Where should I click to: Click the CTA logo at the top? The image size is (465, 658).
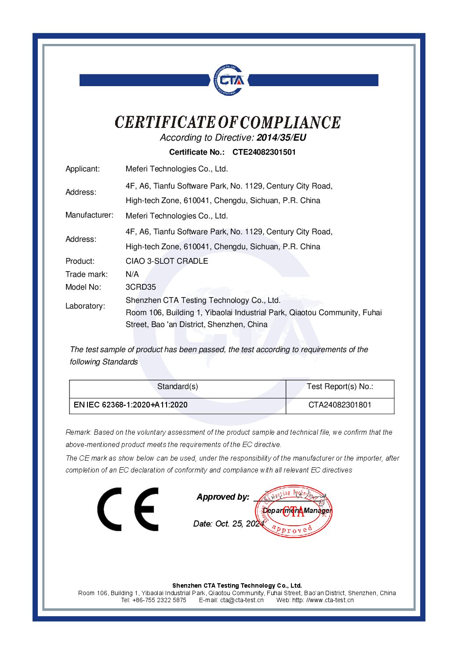pyautogui.click(x=229, y=80)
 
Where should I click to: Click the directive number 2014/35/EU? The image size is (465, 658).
pyautogui.click(x=281, y=138)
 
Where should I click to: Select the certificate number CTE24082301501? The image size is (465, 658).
pyautogui.click(x=264, y=152)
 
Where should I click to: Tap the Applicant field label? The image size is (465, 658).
pyautogui.click(x=83, y=169)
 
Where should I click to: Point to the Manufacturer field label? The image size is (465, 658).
pyautogui.click(x=89, y=215)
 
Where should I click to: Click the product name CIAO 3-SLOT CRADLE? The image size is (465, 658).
pyautogui.click(x=167, y=261)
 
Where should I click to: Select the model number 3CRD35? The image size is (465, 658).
pyautogui.click(x=141, y=287)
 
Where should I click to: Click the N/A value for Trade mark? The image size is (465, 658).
pyautogui.click(x=132, y=274)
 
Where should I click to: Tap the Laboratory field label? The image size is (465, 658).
pyautogui.click(x=85, y=306)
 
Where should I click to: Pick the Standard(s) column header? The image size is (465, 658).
pyautogui.click(x=178, y=386)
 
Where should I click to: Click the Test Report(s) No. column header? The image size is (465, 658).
pyautogui.click(x=340, y=386)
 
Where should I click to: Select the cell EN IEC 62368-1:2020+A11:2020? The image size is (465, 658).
pyautogui.click(x=131, y=405)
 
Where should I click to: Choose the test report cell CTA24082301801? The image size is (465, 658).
pyautogui.click(x=340, y=405)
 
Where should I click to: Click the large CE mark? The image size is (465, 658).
pyautogui.click(x=128, y=509)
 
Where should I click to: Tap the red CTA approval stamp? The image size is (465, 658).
pyautogui.click(x=294, y=511)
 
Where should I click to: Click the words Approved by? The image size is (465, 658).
pyautogui.click(x=223, y=497)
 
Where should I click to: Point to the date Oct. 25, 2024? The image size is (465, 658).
pyautogui.click(x=239, y=524)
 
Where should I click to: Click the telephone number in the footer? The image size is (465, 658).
pyautogui.click(x=159, y=600)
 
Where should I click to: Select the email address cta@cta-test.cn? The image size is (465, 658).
pyautogui.click(x=242, y=600)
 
